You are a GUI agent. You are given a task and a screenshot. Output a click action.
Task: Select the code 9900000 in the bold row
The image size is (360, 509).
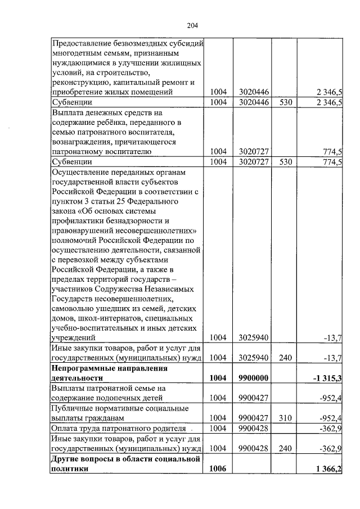(x=251, y=379)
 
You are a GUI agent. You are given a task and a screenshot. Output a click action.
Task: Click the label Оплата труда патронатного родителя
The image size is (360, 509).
(x=119, y=429)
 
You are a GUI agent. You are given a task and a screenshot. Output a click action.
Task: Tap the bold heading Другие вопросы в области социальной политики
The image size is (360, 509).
(x=126, y=465)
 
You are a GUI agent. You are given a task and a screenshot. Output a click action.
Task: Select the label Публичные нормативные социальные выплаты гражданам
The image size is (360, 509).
(x=119, y=413)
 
